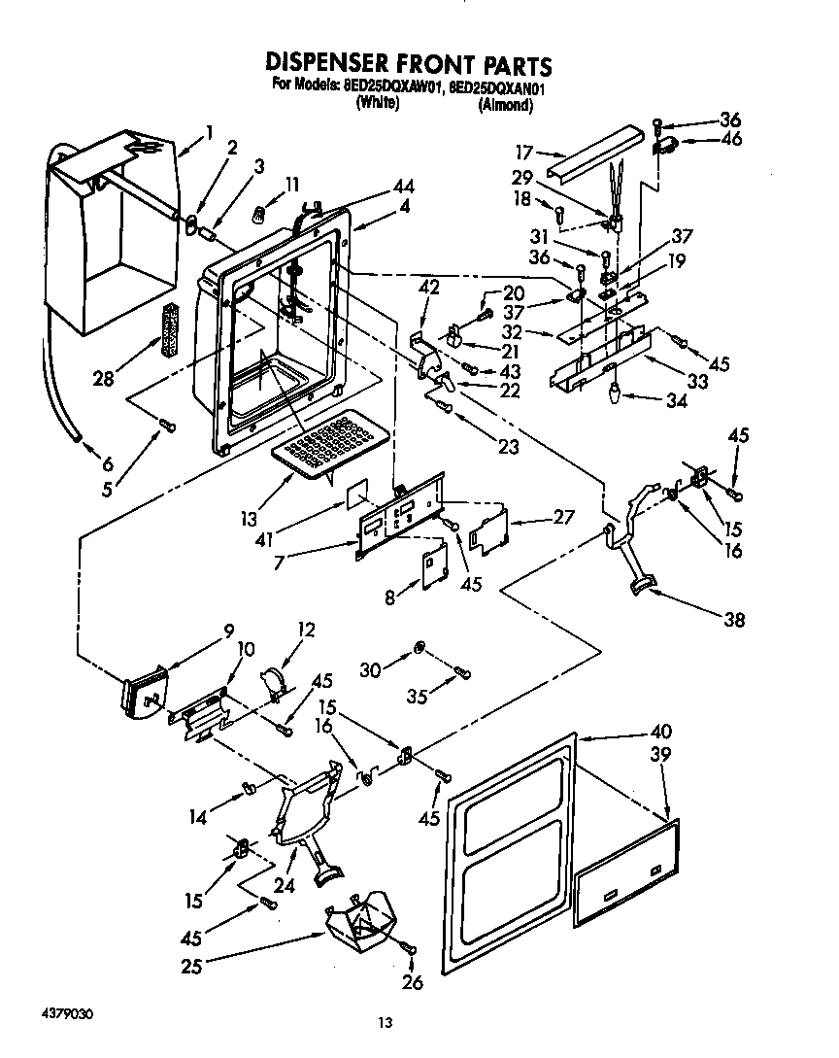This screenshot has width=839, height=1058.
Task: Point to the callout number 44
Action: coord(376,187)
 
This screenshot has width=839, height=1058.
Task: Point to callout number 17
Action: coord(523,152)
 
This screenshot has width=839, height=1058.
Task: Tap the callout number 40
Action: coord(660,731)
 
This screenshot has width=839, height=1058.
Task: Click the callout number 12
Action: coord(308,630)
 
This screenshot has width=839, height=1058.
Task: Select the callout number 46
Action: coord(730,139)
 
